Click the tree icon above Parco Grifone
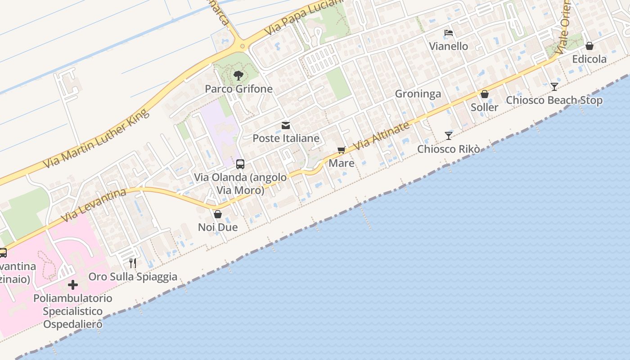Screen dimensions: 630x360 tap(238, 76)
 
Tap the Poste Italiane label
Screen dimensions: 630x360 tap(286, 138)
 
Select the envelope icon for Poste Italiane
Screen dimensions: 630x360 tap(286, 126)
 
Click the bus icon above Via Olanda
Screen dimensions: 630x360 tap(240, 164)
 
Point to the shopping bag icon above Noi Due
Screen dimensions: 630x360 tap(218, 214)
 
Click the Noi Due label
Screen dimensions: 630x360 tap(218, 227)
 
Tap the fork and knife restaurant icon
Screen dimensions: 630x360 tap(133, 263)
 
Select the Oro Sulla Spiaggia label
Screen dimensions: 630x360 tap(133, 276)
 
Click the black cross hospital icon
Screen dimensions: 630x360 tap(73, 285)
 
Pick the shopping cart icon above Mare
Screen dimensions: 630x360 tap(341, 150)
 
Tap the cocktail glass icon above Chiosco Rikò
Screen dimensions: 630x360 tap(448, 135)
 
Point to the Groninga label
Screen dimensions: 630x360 tap(418, 94)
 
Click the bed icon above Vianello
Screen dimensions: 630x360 tap(448, 33)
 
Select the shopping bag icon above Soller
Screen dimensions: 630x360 tap(485, 94)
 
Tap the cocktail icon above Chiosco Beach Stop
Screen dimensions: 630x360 tap(554, 87)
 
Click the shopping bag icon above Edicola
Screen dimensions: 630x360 tap(589, 46)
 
